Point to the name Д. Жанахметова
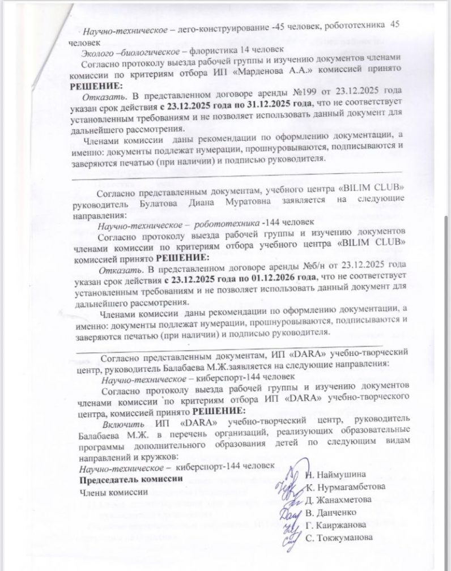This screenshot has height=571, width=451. [x=340, y=499]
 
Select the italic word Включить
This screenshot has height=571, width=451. [x=120, y=423]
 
